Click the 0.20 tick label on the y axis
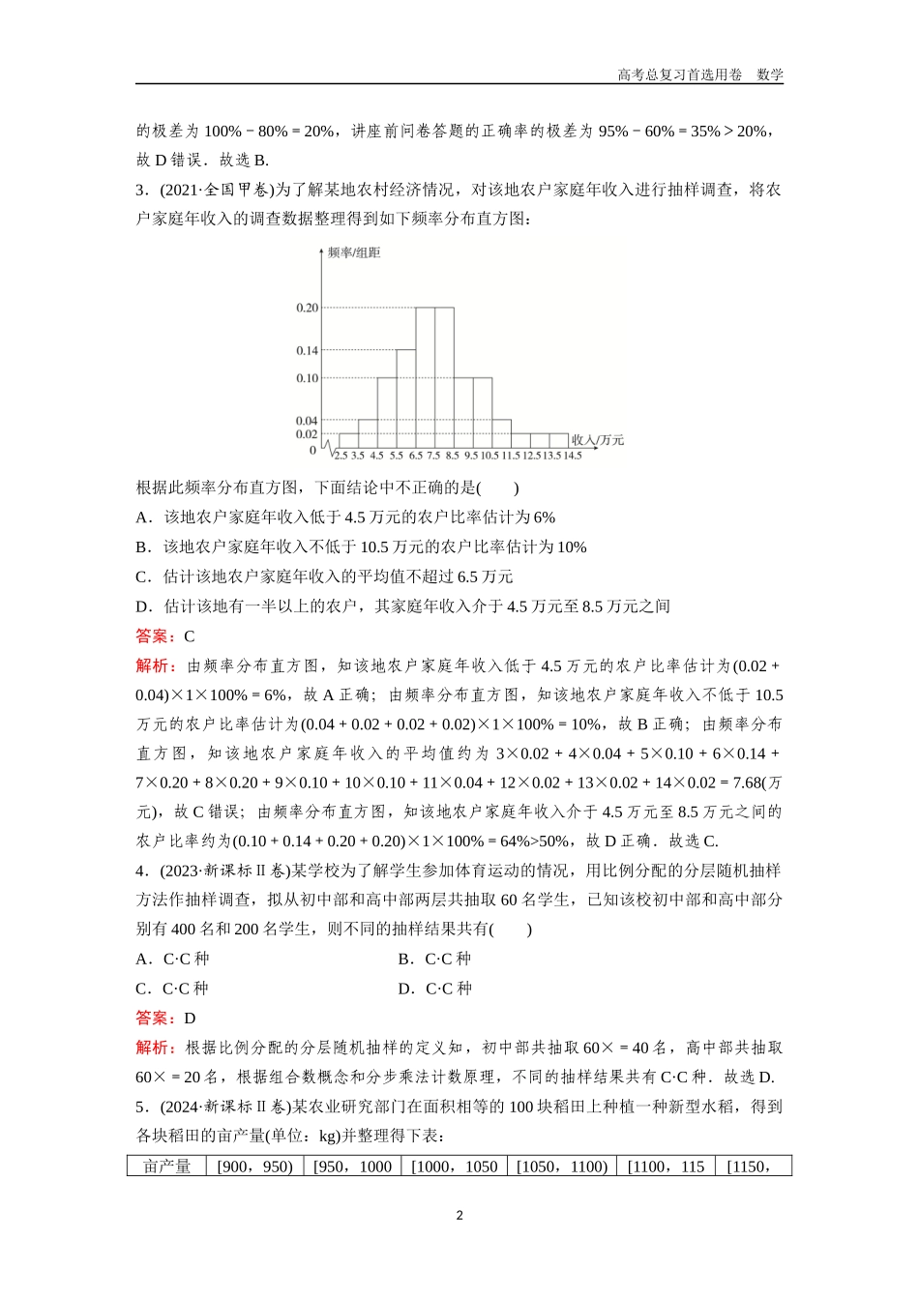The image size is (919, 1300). pos(306,308)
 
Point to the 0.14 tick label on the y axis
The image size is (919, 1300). pos(306,350)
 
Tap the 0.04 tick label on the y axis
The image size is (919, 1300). pos(306,421)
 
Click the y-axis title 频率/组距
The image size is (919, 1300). pos(354,252)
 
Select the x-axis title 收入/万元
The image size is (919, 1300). pos(597,440)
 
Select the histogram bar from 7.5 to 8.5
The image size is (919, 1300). pos(444,378)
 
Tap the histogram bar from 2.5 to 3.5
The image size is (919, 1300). pos(348,441)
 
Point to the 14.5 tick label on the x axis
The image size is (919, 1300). pos(572,455)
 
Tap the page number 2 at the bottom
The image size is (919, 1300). pos(459,1216)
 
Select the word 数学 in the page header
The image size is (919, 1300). pos(770,74)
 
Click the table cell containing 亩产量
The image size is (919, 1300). pos(166,1167)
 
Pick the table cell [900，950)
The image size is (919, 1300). pos(254,1167)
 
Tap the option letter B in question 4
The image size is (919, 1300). pos(404,959)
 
